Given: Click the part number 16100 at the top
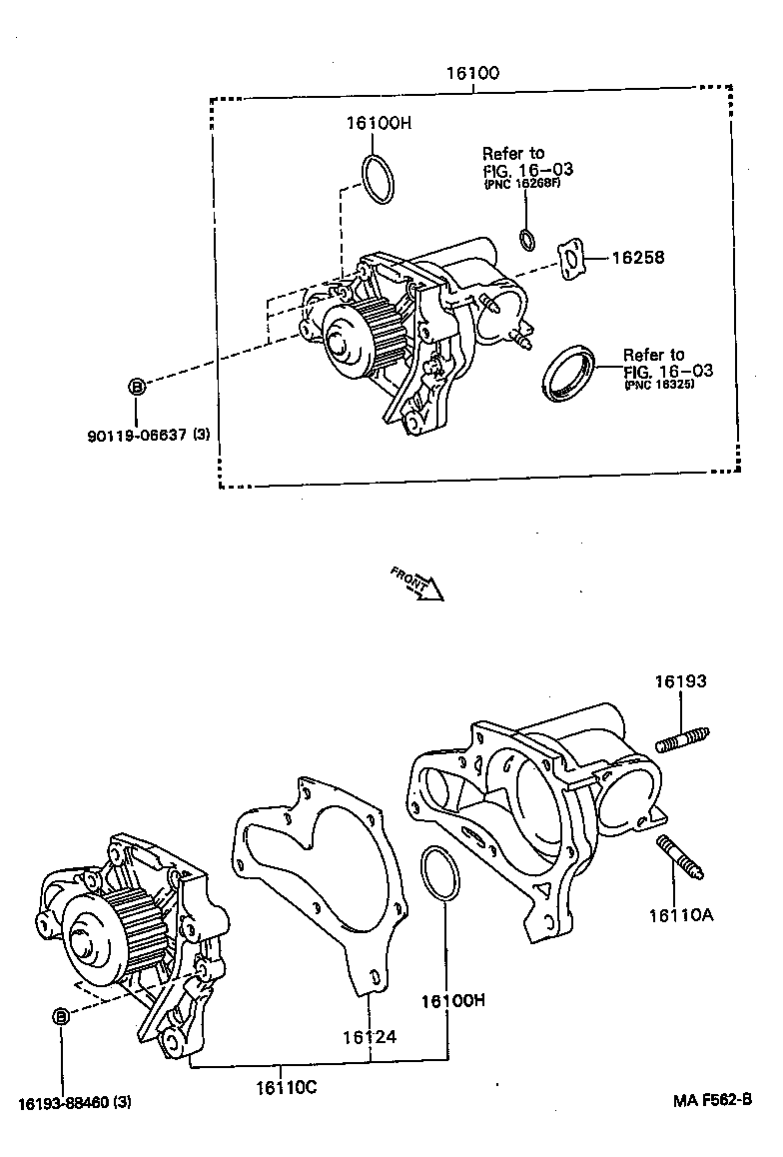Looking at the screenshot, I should (474, 73).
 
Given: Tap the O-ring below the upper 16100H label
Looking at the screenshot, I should (379, 180).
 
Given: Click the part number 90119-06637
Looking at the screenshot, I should (150, 435).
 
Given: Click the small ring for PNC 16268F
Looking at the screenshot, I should (526, 240).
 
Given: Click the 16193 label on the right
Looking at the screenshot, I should (681, 682).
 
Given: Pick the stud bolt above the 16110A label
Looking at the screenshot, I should (681, 859).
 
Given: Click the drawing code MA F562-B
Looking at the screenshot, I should (710, 1100).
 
